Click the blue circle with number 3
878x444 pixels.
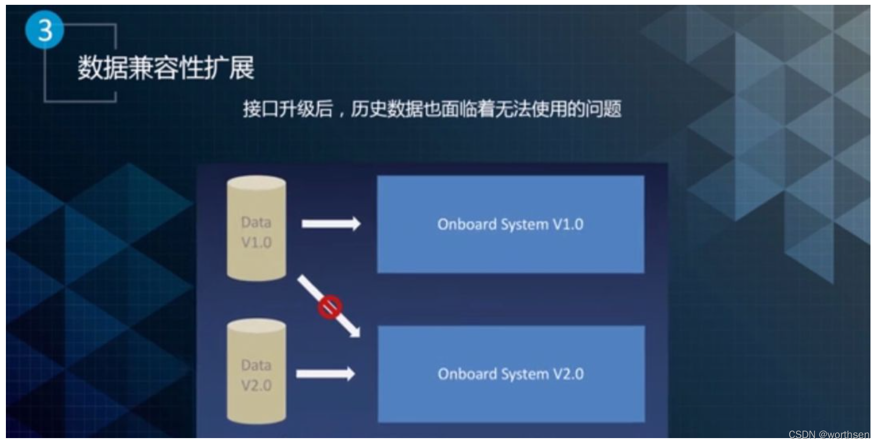(x=44, y=30)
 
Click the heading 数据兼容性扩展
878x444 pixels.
(x=166, y=68)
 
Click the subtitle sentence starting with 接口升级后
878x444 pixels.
(x=432, y=109)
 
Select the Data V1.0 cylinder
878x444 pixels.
(x=256, y=228)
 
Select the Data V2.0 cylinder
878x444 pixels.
(x=256, y=372)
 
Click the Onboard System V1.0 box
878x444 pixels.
(x=510, y=224)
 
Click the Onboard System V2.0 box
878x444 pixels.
(x=511, y=374)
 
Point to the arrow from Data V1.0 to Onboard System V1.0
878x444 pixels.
(x=331, y=223)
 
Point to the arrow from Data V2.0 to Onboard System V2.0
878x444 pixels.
(x=325, y=374)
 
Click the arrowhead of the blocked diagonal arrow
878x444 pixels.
(x=354, y=332)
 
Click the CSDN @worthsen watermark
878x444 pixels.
(x=829, y=435)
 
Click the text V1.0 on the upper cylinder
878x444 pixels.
(x=256, y=243)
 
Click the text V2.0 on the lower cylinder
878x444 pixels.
(x=256, y=385)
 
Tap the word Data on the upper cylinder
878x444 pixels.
(x=256, y=222)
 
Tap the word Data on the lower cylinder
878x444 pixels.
(x=256, y=366)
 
